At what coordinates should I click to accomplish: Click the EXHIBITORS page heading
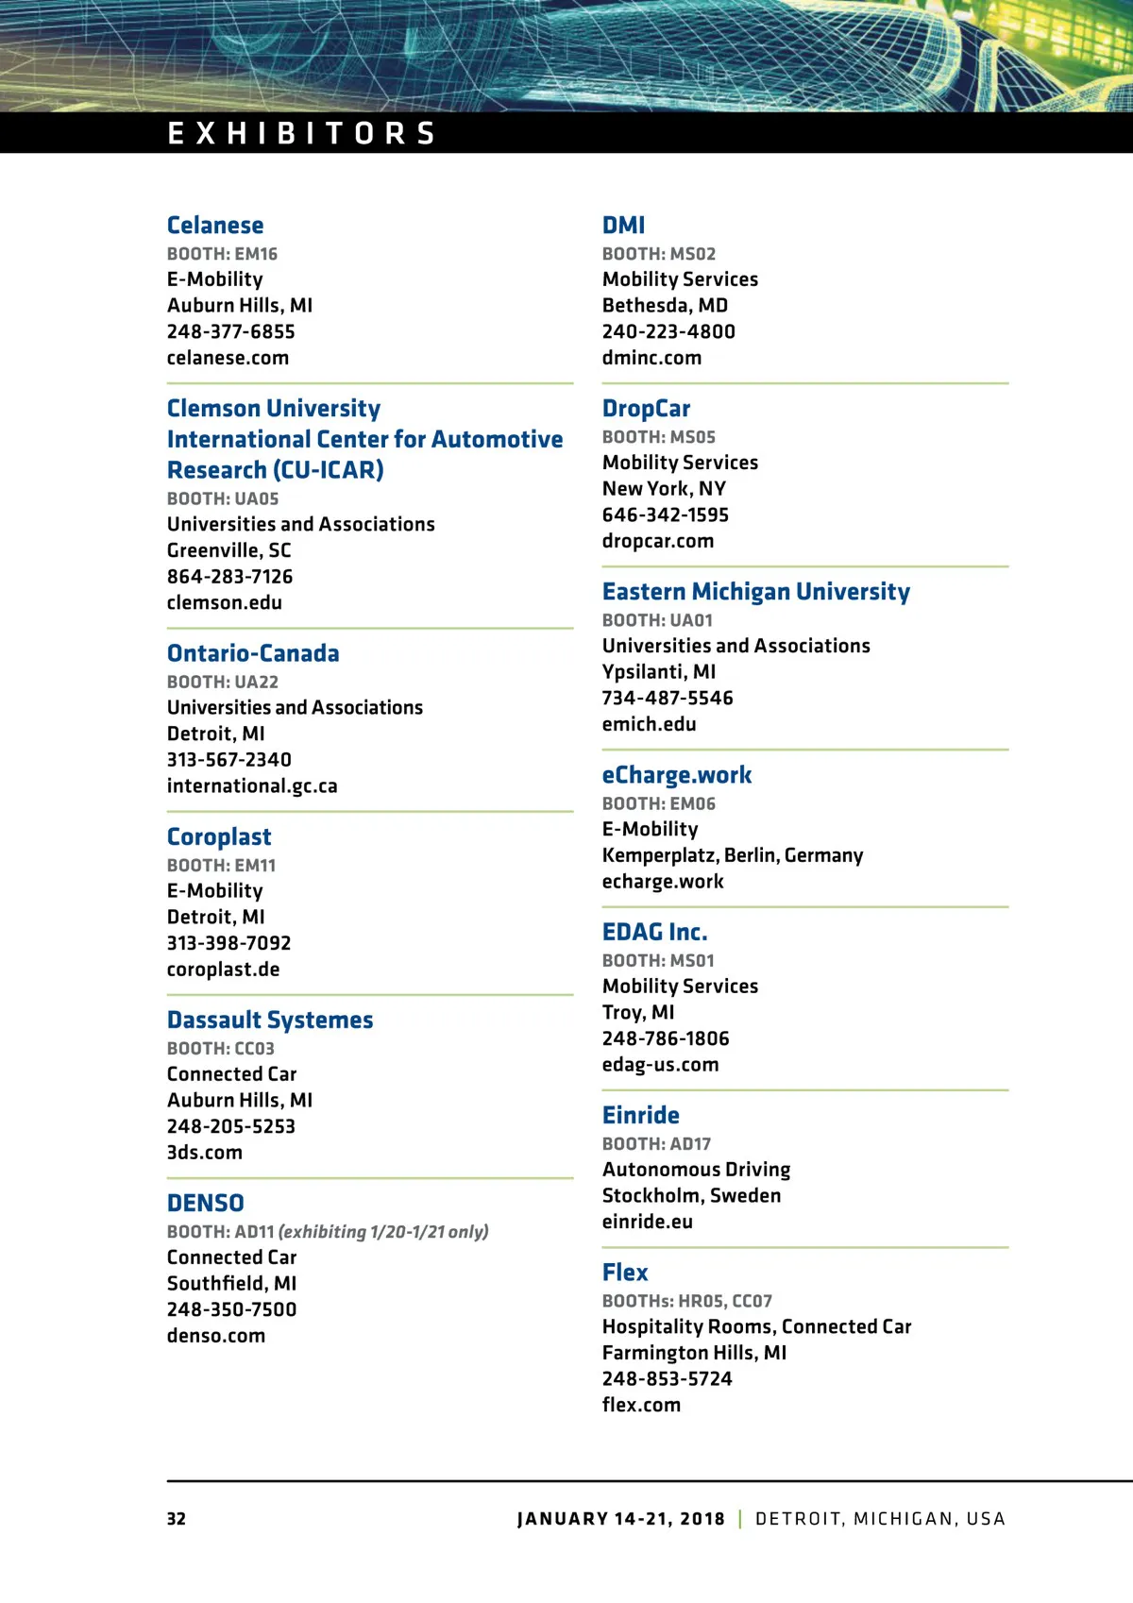[x=301, y=133]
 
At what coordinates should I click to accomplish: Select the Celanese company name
[x=215, y=226]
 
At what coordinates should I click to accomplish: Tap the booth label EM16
[x=222, y=254]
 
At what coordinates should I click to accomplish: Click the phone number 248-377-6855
[x=231, y=331]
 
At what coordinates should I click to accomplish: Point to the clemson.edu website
[x=225, y=602]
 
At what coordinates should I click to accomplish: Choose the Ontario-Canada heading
[x=253, y=653]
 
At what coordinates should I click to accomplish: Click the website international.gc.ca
[x=252, y=785]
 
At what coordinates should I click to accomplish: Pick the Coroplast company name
[x=219, y=836]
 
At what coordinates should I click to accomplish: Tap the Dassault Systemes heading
[x=270, y=1020]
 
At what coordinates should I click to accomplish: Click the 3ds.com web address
[x=205, y=1152]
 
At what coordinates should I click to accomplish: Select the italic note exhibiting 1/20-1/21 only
[x=383, y=1232]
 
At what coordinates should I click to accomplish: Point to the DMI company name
[x=624, y=226]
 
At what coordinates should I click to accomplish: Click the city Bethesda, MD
[x=666, y=305]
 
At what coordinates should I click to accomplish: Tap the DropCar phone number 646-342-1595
[x=666, y=515]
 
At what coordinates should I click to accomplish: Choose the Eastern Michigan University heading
[x=756, y=592]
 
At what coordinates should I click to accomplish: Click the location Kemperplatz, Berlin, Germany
[x=733, y=855]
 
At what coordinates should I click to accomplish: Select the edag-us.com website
[x=661, y=1064]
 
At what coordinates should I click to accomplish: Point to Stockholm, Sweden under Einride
[x=692, y=1195]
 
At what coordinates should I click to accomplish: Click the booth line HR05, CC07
[x=687, y=1301]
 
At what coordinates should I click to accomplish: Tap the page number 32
[x=177, y=1519]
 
